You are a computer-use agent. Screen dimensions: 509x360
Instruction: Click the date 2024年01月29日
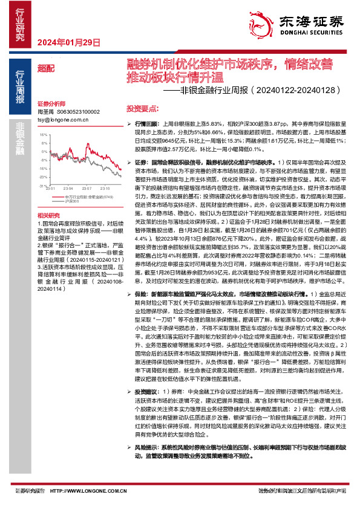(68, 42)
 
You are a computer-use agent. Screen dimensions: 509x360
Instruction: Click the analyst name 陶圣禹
(46, 112)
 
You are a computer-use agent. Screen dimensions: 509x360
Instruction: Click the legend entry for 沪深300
(59, 201)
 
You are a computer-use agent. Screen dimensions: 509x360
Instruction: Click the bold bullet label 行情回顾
(148, 123)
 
